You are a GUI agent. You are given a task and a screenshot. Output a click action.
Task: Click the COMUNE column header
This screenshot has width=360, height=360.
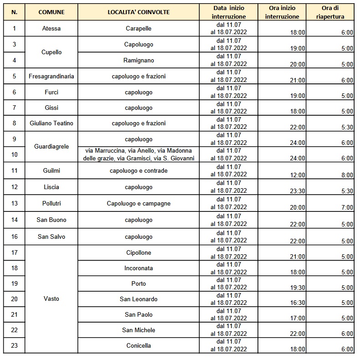click(x=51, y=12)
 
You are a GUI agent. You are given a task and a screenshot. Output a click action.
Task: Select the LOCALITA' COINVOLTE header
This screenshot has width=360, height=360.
click(x=139, y=12)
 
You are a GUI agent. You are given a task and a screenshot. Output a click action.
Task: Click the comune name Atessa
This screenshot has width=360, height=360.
click(x=51, y=29)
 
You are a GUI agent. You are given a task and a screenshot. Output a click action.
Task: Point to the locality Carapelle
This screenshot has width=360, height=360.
click(x=139, y=29)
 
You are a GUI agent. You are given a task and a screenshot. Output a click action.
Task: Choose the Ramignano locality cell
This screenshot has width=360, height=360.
click(x=139, y=60)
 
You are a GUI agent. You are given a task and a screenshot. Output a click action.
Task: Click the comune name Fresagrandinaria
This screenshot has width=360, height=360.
click(x=51, y=76)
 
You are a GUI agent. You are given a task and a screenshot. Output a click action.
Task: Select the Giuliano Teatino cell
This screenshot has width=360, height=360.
click(x=51, y=123)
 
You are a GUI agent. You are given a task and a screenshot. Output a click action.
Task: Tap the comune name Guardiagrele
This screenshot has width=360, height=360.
click(x=51, y=147)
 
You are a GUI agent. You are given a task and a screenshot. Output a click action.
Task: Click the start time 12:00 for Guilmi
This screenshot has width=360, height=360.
click(x=297, y=175)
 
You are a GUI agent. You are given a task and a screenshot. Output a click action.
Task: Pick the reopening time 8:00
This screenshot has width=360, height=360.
click(x=347, y=175)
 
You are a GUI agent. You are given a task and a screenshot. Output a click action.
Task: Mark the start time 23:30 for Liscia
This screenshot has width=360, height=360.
click(x=297, y=191)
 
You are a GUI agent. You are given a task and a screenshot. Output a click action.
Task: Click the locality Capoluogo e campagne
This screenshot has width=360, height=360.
click(x=139, y=203)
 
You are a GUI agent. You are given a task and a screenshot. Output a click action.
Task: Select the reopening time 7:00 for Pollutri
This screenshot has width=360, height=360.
click(x=347, y=207)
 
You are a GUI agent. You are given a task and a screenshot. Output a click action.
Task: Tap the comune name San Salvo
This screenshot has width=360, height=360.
click(x=51, y=237)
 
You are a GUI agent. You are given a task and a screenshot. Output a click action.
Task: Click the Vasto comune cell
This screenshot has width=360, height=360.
click(x=51, y=299)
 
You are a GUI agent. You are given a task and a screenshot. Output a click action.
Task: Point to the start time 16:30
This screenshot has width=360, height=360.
click(x=297, y=303)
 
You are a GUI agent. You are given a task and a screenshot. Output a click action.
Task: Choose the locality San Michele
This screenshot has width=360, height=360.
click(x=139, y=330)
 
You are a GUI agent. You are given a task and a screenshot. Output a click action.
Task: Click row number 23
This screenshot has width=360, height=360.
click(x=14, y=345)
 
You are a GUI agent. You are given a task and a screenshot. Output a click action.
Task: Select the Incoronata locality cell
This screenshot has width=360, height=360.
click(x=139, y=268)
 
